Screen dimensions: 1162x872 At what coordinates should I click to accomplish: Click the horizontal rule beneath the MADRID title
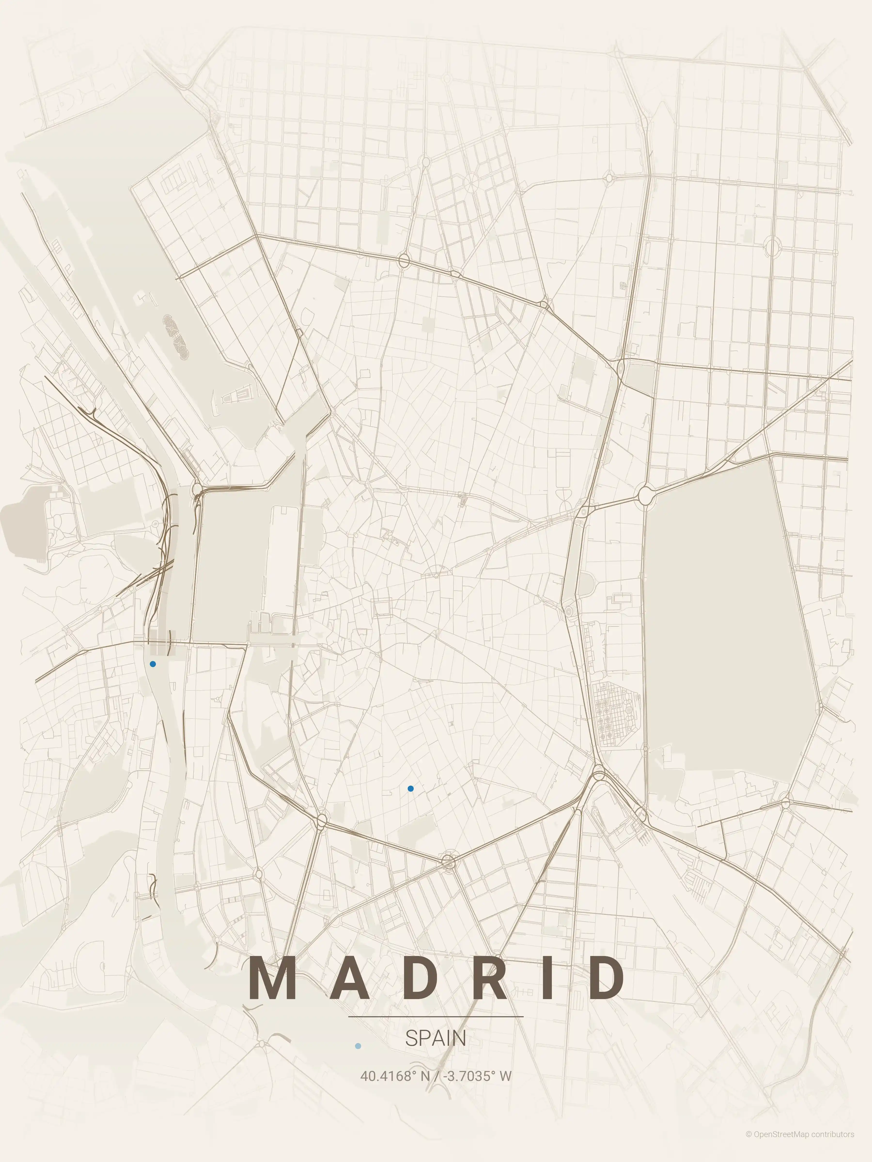(436, 1017)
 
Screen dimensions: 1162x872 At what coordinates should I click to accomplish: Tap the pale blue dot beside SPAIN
(358, 1046)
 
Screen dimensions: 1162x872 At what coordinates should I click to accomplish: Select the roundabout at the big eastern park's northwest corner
(646, 494)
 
